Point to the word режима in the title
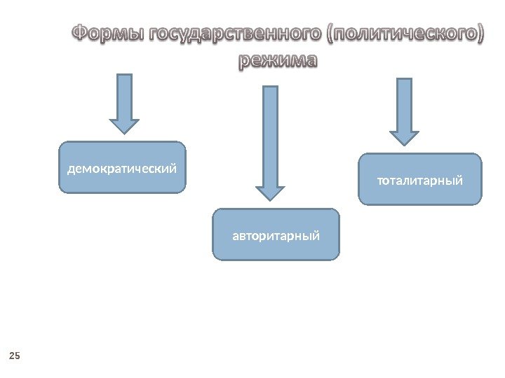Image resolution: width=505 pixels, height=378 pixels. coord(278,61)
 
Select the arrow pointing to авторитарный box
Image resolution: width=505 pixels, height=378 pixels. coord(270,140)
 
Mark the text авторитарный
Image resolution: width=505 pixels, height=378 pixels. coord(276,236)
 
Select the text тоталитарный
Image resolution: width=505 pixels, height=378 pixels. coord(420,181)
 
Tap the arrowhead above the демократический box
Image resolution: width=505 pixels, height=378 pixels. coord(124,124)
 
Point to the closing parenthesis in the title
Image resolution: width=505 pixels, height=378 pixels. coord(479,34)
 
